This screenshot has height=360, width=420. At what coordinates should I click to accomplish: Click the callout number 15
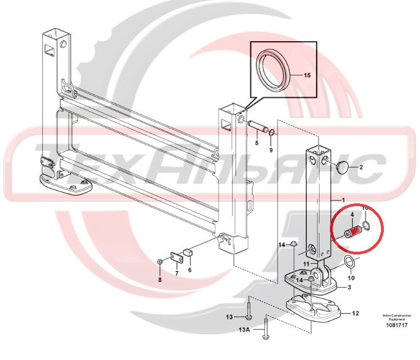(306, 75)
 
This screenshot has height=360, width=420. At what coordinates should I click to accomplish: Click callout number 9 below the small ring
(271, 149)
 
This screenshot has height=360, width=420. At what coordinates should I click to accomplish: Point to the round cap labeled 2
(343, 166)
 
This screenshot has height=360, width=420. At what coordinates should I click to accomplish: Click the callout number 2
(361, 166)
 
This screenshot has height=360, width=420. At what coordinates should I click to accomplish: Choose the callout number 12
(355, 313)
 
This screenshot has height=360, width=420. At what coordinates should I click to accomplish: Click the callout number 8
(160, 280)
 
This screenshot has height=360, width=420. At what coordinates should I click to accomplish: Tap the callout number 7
(177, 273)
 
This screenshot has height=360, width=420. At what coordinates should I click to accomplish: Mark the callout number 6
(190, 270)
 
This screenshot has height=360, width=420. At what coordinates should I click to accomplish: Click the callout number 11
(307, 265)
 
